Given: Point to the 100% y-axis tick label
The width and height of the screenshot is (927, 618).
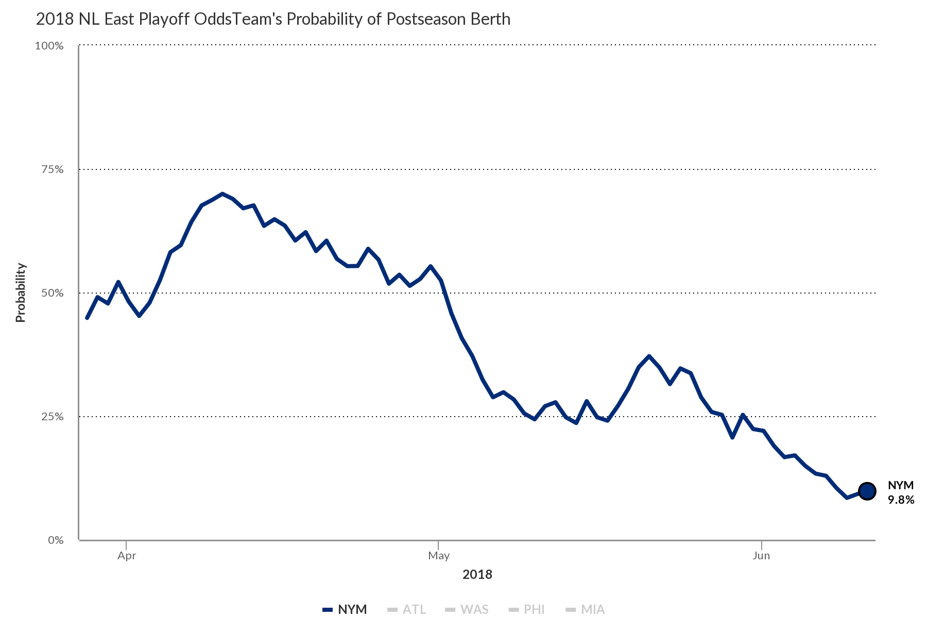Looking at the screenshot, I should pyautogui.click(x=49, y=46).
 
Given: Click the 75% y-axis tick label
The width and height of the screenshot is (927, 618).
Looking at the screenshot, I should pyautogui.click(x=52, y=169).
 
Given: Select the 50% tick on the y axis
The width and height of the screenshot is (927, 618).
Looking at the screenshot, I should pyautogui.click(x=52, y=293).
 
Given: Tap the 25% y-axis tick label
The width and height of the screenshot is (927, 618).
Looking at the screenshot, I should pyautogui.click(x=52, y=417).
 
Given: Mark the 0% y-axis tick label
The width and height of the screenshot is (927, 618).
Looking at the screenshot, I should pyautogui.click(x=55, y=540).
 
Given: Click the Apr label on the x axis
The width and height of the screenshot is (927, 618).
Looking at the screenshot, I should pyautogui.click(x=127, y=556).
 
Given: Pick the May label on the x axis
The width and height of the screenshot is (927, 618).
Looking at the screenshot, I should pyautogui.click(x=439, y=556).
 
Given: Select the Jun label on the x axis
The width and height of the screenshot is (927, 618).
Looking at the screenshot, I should pyautogui.click(x=761, y=556).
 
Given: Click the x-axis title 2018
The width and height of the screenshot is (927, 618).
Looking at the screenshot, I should pyautogui.click(x=477, y=575).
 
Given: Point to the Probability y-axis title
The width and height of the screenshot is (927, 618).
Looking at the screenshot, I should pyautogui.click(x=20, y=293).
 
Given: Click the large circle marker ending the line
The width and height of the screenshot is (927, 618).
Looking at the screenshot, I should pyautogui.click(x=867, y=491).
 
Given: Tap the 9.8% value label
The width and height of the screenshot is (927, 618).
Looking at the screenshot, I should pyautogui.click(x=901, y=500).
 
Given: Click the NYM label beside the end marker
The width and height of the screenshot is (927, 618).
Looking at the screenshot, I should pyautogui.click(x=901, y=485).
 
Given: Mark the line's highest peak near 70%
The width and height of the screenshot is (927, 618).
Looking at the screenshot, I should pyautogui.click(x=222, y=194).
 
